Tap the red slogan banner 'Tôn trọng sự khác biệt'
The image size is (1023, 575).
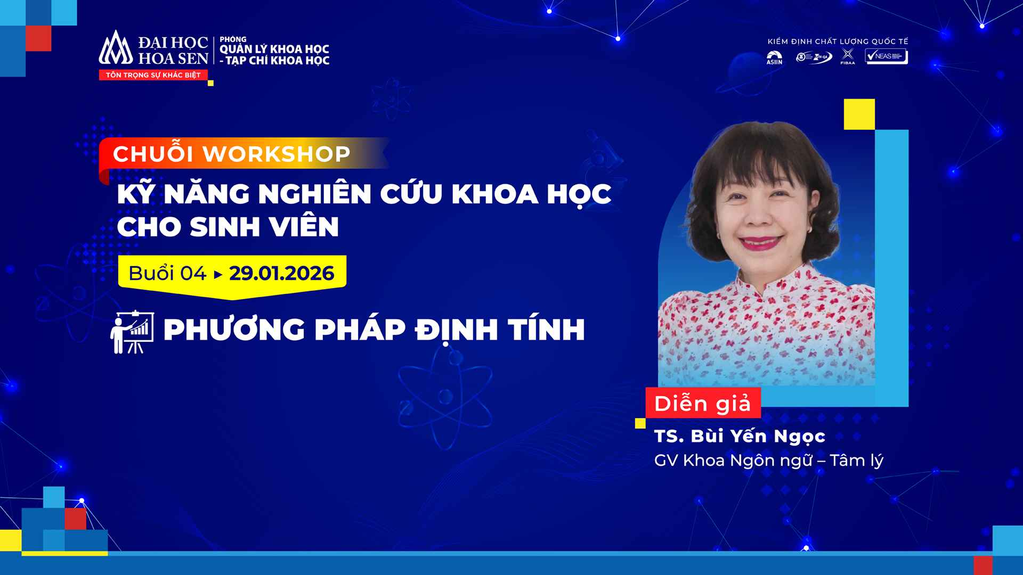point(153,75)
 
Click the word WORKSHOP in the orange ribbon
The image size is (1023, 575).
point(277,154)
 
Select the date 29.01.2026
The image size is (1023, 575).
point(281,274)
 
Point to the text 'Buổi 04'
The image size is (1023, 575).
point(167,274)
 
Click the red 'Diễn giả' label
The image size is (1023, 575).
point(703,403)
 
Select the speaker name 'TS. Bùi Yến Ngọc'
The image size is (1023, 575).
point(740,436)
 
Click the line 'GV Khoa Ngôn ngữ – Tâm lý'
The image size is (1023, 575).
point(768,461)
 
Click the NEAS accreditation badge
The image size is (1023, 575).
point(886,56)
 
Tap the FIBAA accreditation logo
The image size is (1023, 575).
point(847,57)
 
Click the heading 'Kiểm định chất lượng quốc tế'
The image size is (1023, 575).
point(838,42)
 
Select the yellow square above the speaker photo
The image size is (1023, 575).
point(859,114)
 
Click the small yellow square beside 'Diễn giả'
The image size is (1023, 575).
point(640,423)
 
